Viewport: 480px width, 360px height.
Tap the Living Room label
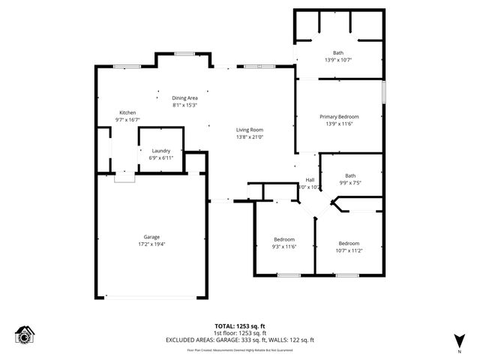250,130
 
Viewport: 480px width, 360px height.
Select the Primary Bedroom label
339,116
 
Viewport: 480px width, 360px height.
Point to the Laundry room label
161,151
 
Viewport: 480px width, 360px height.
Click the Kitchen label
127,112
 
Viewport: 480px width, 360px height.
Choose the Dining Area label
184,98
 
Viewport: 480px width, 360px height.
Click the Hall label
310,180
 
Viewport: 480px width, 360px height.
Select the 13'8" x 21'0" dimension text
250,137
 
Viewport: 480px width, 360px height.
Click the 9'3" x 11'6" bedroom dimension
284,247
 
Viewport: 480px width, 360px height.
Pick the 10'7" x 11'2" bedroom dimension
349,250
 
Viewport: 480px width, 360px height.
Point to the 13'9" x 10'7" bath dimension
338,60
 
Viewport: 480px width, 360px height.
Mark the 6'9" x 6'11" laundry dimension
161,157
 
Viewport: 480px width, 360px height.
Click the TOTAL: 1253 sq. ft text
240,325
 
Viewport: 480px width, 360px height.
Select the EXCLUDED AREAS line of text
240,340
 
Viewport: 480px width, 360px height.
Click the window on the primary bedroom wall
383,92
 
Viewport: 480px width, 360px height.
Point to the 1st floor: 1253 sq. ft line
240,332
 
